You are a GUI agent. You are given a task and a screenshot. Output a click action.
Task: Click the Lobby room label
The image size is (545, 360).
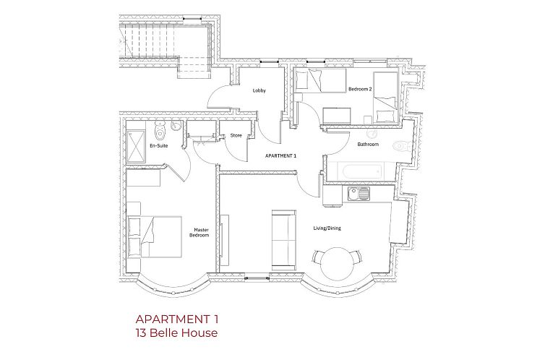pos(259,91)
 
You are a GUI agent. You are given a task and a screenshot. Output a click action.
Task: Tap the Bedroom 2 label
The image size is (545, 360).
pos(360,89)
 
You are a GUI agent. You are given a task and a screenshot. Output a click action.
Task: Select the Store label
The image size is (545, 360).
pos(236,135)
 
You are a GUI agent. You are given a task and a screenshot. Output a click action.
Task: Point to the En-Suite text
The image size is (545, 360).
pos(159,147)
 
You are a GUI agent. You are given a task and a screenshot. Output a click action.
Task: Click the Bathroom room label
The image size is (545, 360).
pos(368,144)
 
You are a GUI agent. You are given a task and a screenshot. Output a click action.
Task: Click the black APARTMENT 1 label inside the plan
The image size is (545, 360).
pos(281,156)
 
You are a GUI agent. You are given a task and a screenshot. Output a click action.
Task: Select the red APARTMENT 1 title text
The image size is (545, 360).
pos(176,319)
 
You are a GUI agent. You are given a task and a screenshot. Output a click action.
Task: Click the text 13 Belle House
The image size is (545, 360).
pos(176,333)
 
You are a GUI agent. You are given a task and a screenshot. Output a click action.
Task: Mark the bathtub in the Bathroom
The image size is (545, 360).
pos(360,171)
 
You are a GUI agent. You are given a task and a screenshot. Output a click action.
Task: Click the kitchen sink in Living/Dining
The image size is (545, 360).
pos(357,193)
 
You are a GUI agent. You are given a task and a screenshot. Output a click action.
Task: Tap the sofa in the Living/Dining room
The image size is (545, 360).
pos(283,237)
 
